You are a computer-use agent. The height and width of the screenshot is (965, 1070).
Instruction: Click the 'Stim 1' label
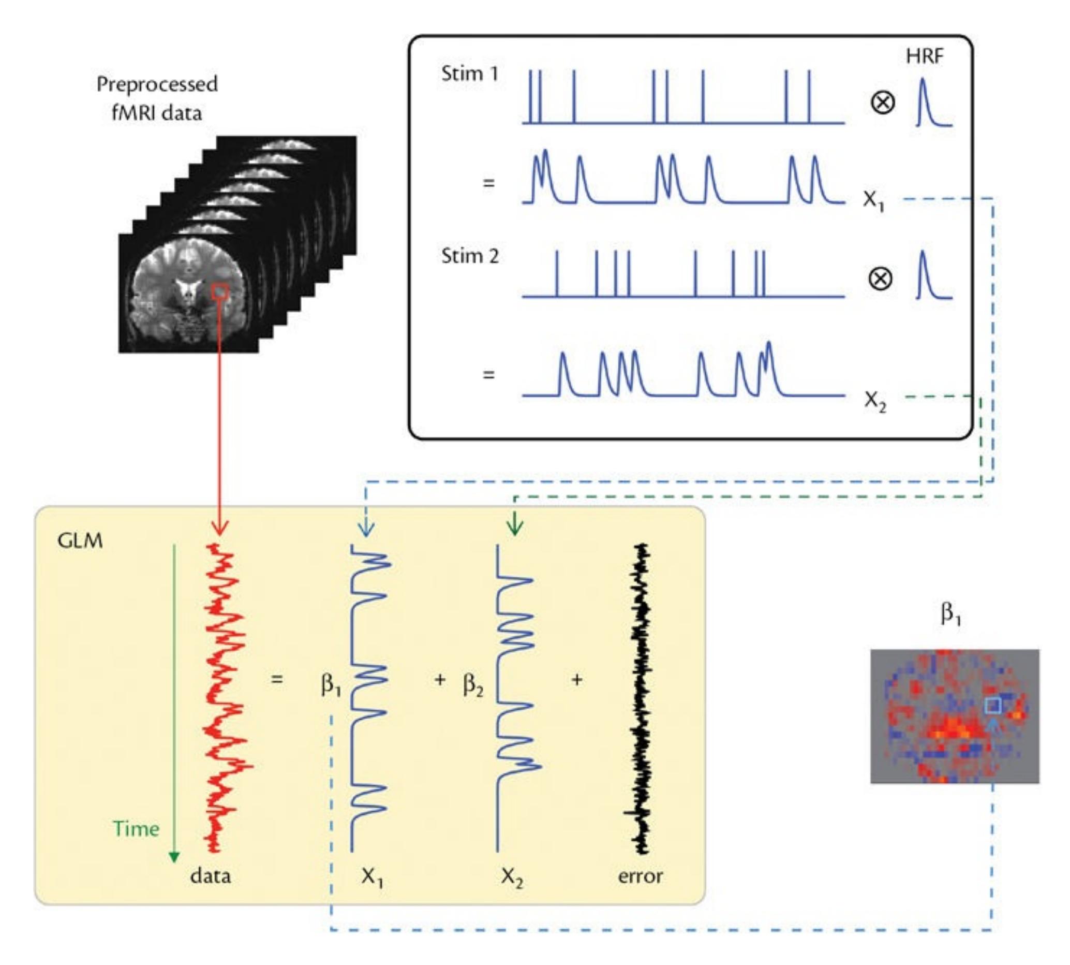coord(470,74)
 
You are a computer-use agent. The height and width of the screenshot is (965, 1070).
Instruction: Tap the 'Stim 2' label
coord(470,256)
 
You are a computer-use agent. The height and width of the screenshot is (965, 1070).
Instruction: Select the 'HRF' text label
coord(924,56)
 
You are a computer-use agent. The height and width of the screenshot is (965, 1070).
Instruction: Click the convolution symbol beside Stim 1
coord(882,103)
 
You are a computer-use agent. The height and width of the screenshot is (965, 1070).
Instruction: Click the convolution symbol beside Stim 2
coord(880,279)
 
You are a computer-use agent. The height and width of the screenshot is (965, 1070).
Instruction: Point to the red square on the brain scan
coord(220,291)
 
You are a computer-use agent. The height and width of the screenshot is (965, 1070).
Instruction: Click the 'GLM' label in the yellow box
coord(80,541)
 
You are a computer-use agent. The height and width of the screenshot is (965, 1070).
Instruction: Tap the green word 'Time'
coord(136,829)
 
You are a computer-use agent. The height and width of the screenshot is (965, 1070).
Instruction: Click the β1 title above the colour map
coord(951,614)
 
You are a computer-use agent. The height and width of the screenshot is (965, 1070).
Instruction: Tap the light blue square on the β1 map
coord(992,706)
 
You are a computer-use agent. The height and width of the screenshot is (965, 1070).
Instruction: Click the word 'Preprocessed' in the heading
coord(157,84)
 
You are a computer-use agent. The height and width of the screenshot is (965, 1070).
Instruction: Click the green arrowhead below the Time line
coord(174,857)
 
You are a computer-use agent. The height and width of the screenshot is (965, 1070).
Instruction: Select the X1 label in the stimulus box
coord(873,200)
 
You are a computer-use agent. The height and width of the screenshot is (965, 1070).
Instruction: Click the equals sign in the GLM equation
coord(277,679)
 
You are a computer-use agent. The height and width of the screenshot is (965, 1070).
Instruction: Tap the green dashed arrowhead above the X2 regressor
coord(515,527)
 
